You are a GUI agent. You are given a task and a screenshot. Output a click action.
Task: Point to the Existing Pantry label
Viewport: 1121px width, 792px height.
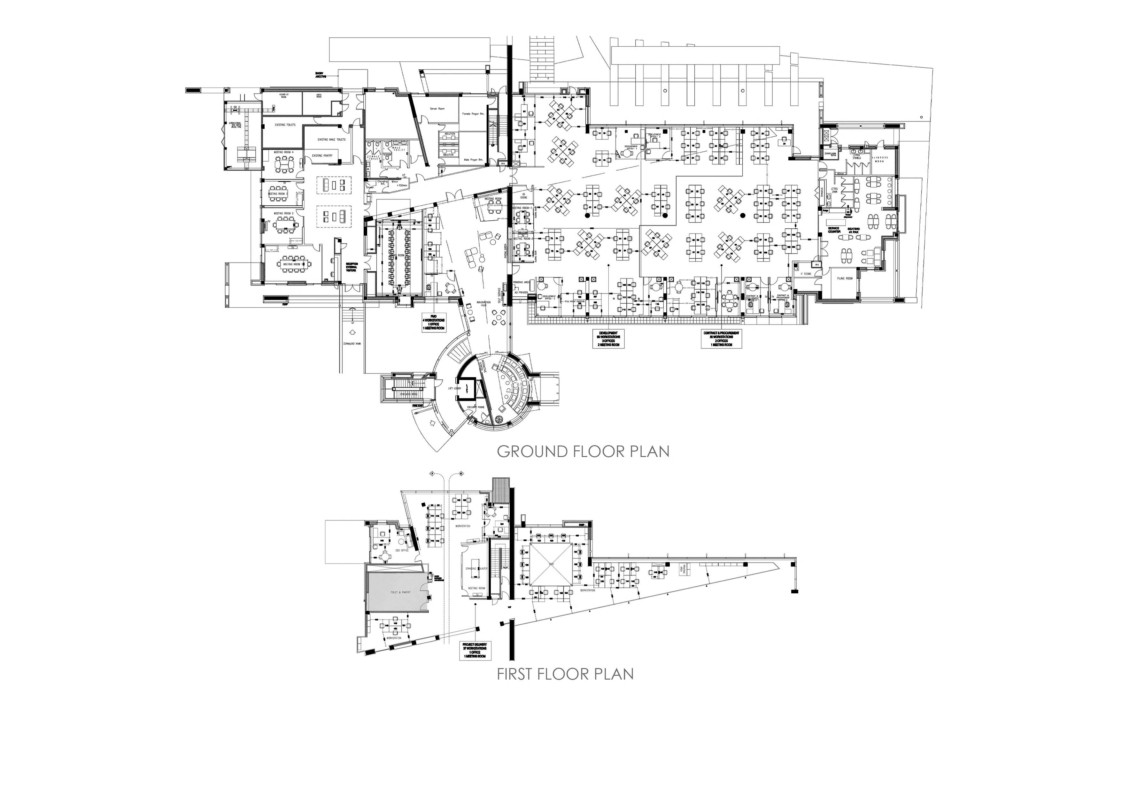322,156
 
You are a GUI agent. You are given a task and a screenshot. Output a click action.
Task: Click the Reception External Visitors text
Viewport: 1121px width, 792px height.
352,267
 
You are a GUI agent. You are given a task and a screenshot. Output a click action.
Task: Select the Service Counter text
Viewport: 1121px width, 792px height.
834,230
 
